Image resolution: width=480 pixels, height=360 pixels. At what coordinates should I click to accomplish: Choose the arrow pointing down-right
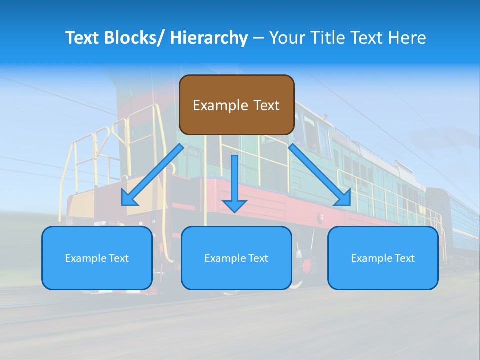(320, 175)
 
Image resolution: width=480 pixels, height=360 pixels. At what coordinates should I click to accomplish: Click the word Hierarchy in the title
(209, 38)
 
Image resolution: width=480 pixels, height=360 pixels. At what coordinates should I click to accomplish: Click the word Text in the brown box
(266, 105)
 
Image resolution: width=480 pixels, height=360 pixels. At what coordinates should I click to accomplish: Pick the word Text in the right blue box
(405, 258)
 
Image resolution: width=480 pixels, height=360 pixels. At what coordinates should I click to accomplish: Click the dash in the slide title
(258, 38)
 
